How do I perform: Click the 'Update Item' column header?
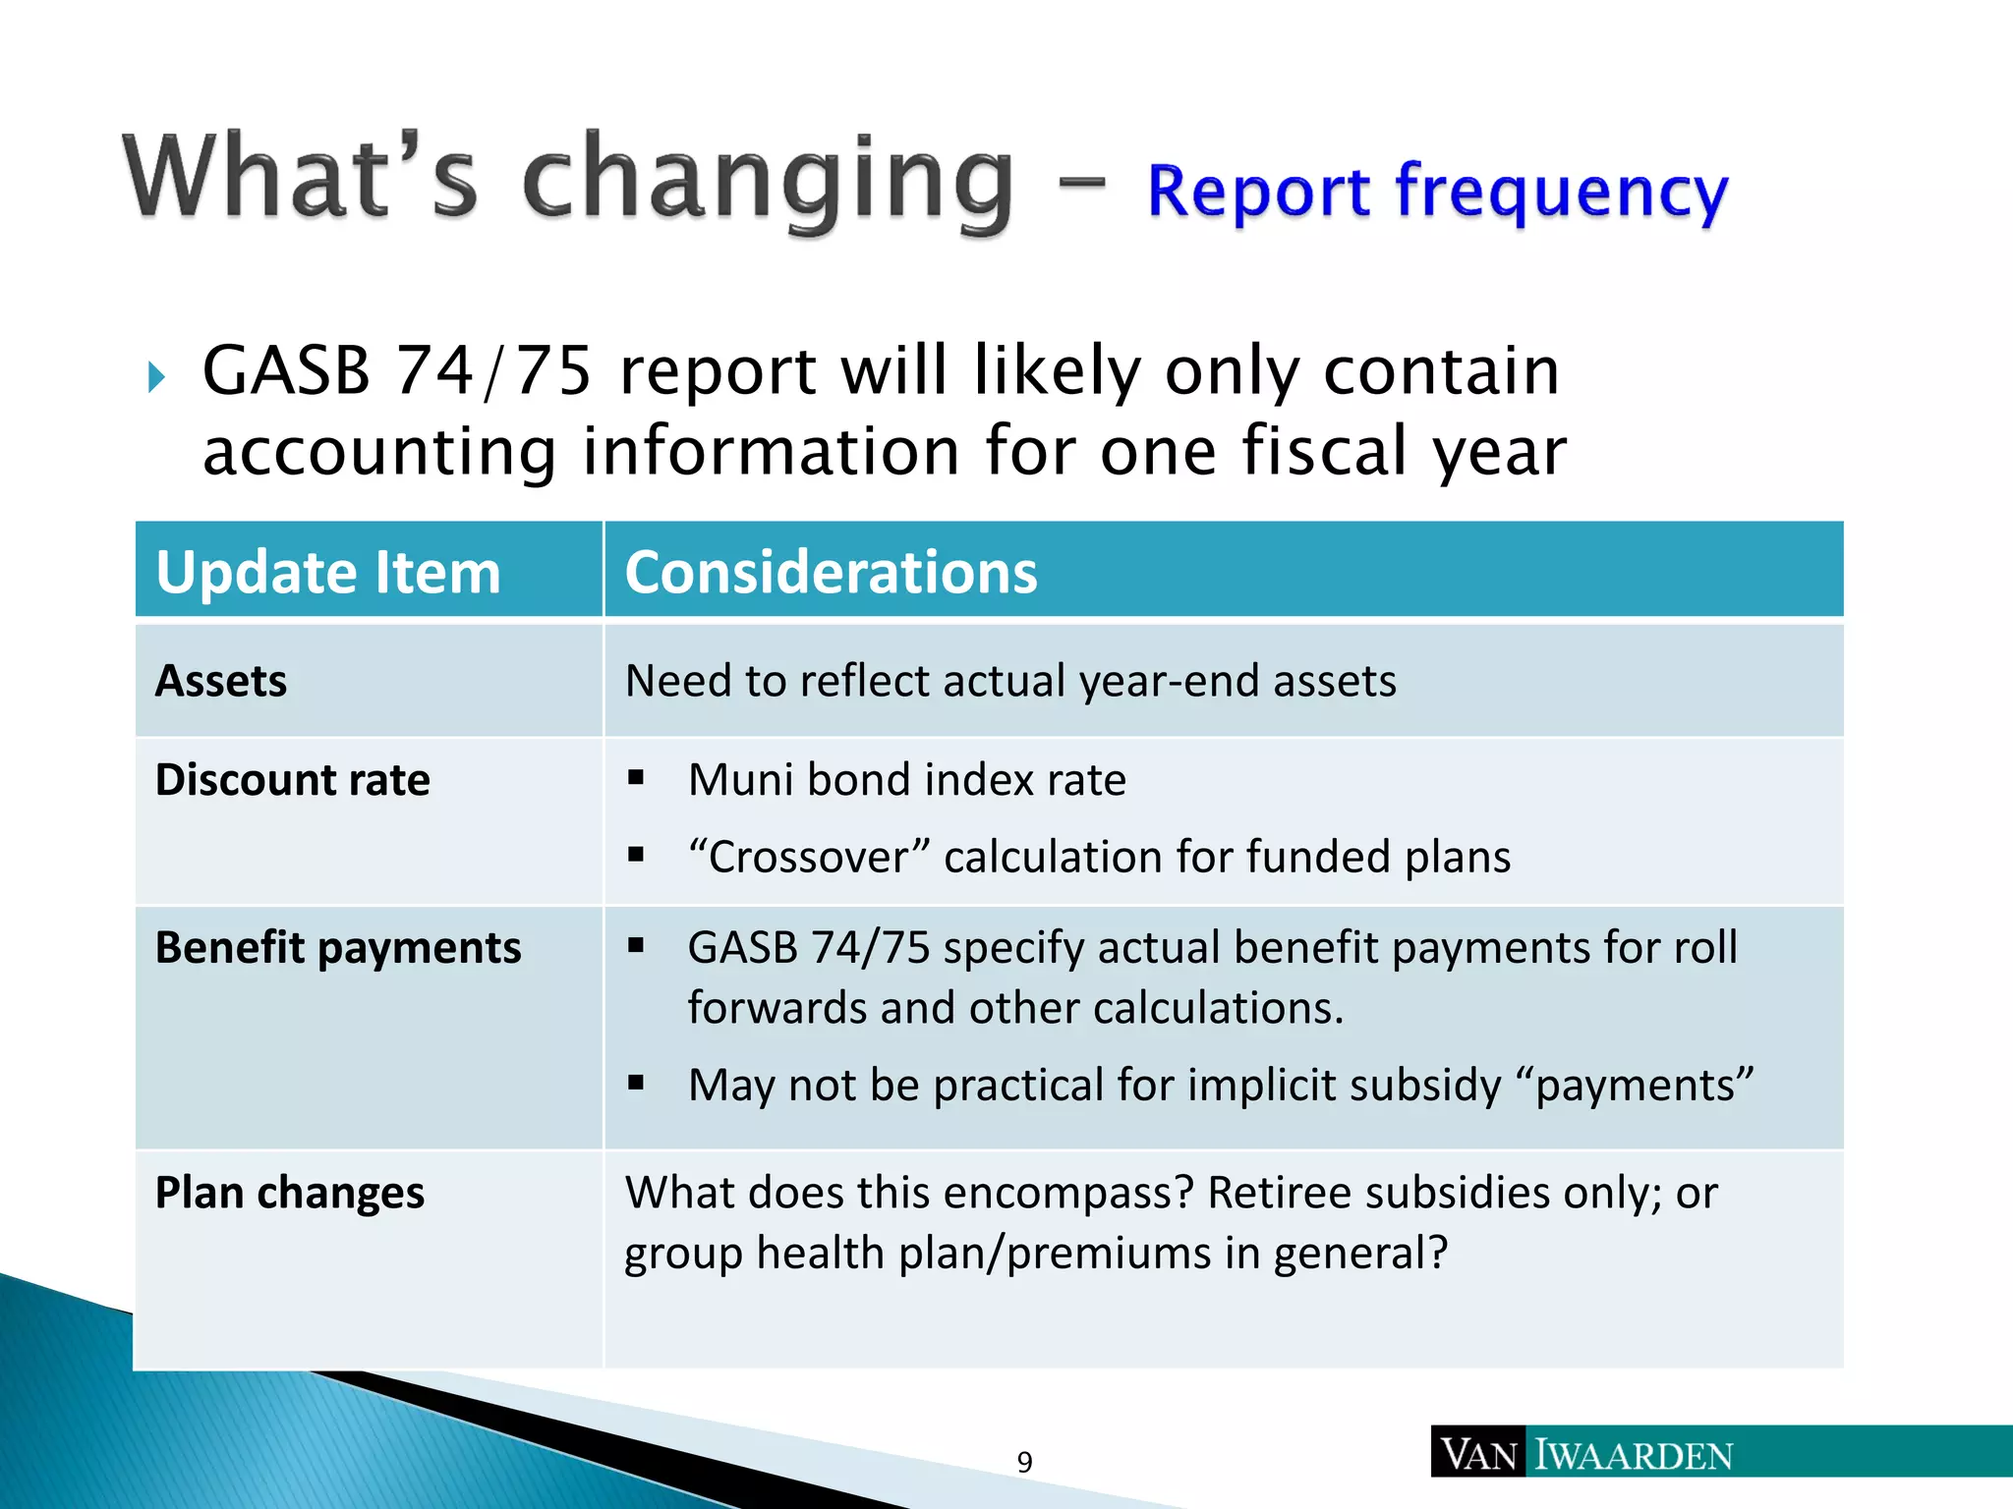click(328, 573)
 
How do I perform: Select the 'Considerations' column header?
click(831, 573)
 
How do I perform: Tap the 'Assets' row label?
click(221, 681)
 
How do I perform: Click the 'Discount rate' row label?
click(293, 780)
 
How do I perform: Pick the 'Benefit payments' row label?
click(338, 948)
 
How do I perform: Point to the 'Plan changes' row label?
click(290, 1193)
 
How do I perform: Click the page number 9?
click(1024, 1462)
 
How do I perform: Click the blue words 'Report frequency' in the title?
click(1437, 191)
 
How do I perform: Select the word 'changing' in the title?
click(767, 181)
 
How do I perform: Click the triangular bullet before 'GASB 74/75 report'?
click(156, 376)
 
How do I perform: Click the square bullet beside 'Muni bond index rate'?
click(636, 779)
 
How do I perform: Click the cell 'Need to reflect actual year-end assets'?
click(1010, 681)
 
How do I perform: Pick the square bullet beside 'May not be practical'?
click(636, 1084)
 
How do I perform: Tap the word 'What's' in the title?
click(300, 177)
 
